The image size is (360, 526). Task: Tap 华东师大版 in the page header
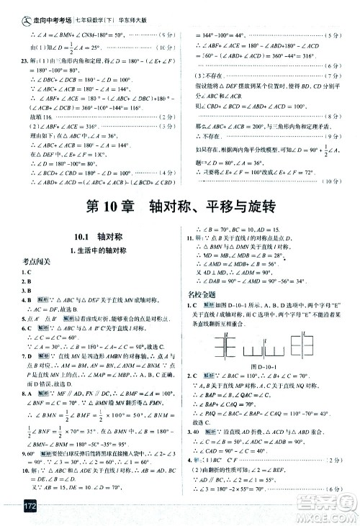click(126, 8)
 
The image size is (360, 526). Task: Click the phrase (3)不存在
click(210, 85)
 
